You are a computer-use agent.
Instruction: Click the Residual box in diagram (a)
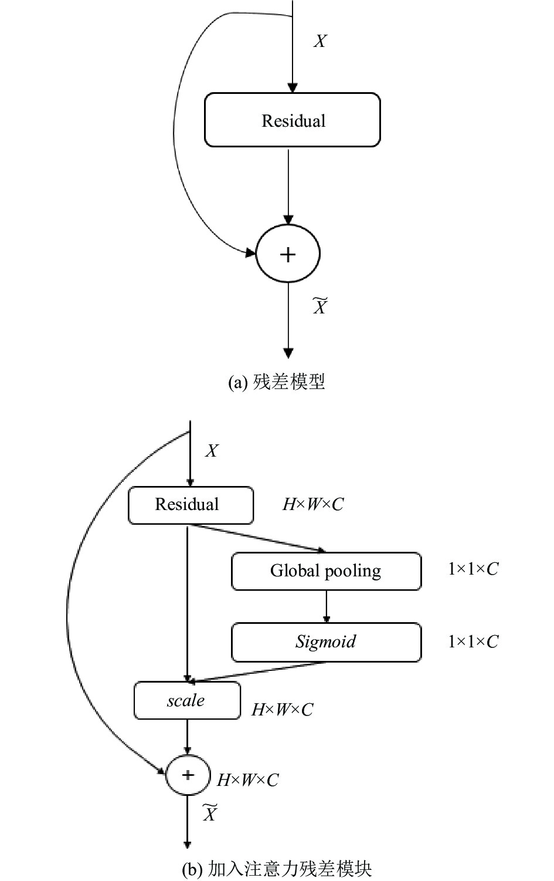(293, 120)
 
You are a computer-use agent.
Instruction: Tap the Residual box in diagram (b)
(191, 505)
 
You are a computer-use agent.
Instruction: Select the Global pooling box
(327, 571)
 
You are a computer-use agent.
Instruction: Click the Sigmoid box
(327, 642)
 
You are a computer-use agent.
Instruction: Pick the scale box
(187, 700)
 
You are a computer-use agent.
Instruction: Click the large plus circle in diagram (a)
(288, 254)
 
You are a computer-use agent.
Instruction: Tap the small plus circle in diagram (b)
(188, 775)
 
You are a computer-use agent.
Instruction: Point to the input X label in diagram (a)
(320, 41)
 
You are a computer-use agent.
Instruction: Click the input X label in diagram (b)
(212, 451)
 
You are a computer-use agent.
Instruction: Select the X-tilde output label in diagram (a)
(320, 306)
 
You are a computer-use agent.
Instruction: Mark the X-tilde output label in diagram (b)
(210, 813)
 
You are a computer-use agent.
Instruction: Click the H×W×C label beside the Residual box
(313, 504)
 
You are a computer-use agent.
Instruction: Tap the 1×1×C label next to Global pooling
(474, 569)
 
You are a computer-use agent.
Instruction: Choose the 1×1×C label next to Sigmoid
(474, 642)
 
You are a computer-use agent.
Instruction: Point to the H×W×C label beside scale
(283, 710)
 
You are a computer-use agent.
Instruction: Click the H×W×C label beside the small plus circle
(248, 780)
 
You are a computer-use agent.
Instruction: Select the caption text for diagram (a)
(277, 381)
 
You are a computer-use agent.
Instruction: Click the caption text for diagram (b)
(277, 869)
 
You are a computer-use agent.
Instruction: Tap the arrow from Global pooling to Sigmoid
(326, 606)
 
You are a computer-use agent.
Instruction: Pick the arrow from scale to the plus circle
(188, 737)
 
